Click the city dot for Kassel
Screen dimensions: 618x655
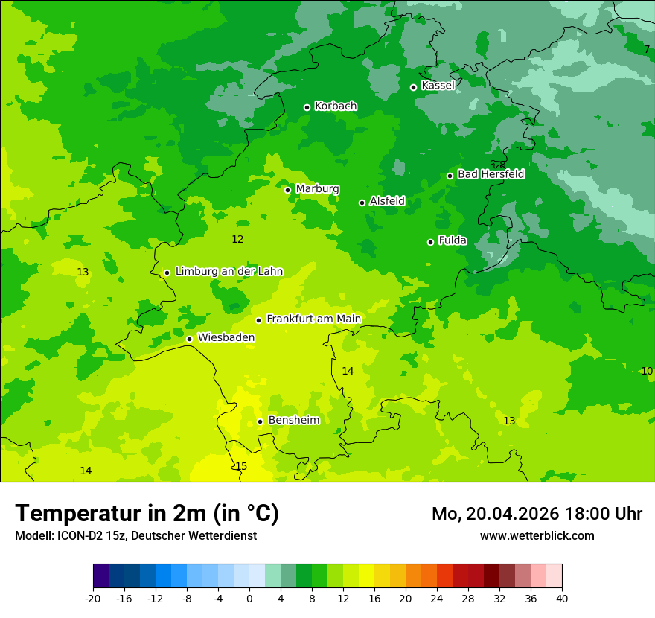click(x=414, y=87)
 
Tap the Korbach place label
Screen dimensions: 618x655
click(x=336, y=106)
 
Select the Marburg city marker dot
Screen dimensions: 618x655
click(x=287, y=190)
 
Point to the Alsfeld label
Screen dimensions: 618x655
click(x=387, y=201)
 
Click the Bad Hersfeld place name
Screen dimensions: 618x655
click(x=491, y=174)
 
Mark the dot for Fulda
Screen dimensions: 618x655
click(x=430, y=242)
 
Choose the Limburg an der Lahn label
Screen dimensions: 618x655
click(x=229, y=272)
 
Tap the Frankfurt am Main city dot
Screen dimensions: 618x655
click(x=258, y=320)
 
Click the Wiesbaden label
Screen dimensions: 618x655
click(x=226, y=338)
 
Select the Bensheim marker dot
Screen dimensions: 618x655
click(x=260, y=421)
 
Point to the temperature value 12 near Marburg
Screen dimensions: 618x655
click(x=237, y=240)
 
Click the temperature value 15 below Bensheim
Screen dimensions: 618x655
click(x=241, y=467)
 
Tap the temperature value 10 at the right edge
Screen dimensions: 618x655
click(x=647, y=371)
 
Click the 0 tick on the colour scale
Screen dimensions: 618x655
click(x=249, y=599)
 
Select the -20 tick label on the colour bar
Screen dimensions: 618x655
click(x=93, y=599)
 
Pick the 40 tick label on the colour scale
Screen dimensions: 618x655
click(x=562, y=599)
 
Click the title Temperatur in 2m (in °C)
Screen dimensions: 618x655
click(x=147, y=514)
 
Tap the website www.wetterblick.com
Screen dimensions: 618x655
click(x=537, y=536)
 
